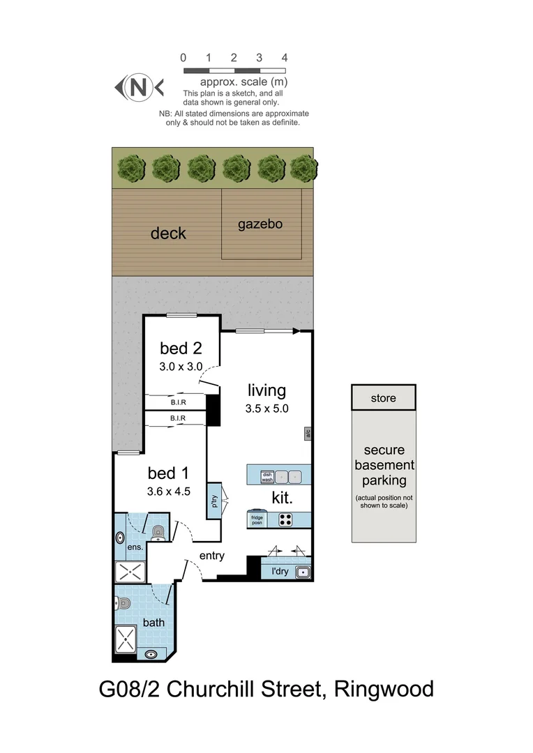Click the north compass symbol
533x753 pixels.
tap(139, 87)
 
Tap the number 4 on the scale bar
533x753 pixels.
tap(284, 58)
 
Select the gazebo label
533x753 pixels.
tap(260, 225)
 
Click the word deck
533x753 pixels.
tap(168, 233)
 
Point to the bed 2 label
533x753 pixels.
tap(181, 348)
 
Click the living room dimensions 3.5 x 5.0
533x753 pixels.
tap(266, 409)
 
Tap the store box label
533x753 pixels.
tap(384, 398)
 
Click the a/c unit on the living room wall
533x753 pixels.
tap(307, 434)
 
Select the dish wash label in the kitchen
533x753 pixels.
tap(266, 477)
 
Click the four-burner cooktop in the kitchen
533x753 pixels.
tap(286, 519)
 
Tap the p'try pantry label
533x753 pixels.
tap(214, 500)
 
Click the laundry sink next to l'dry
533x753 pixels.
tap(303, 573)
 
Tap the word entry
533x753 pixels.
tap(212, 556)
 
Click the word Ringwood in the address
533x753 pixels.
tap(384, 689)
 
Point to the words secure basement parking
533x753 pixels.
tap(384, 465)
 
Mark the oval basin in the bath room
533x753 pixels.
tap(151, 655)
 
